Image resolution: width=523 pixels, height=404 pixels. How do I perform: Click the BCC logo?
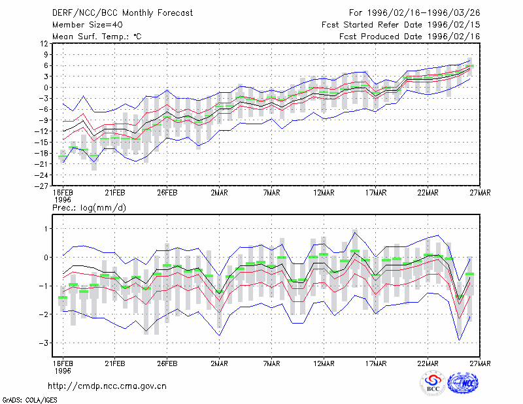point(433,384)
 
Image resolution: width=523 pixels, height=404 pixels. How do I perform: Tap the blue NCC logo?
point(463,383)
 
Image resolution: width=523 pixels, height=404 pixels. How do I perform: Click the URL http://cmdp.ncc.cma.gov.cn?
point(107,386)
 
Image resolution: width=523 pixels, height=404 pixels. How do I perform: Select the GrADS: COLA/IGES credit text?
point(29,400)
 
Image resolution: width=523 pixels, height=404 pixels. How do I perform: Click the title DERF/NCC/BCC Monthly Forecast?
point(122,13)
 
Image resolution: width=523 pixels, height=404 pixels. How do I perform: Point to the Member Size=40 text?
point(88,25)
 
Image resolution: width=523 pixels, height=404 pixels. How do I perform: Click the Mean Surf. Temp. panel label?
point(97,37)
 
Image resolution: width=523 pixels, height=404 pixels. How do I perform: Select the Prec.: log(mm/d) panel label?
point(89,208)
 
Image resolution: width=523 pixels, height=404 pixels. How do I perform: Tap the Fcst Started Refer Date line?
point(401,25)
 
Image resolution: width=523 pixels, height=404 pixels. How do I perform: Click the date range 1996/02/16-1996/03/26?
point(424,13)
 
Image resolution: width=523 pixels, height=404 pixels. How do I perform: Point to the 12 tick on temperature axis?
point(44,43)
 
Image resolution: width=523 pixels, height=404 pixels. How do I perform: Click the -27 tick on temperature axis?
point(41,186)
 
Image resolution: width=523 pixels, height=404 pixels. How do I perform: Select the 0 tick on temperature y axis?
point(46,88)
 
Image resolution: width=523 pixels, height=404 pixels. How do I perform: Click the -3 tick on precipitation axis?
point(43,343)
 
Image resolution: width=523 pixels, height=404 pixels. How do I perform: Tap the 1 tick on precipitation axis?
point(46,229)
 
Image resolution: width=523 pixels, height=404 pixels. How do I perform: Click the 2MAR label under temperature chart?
point(219,193)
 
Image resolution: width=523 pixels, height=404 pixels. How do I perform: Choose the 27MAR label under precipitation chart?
point(480,363)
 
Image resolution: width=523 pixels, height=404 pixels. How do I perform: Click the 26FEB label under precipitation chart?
point(167,363)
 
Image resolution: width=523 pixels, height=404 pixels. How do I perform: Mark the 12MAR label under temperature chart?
point(324,193)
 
